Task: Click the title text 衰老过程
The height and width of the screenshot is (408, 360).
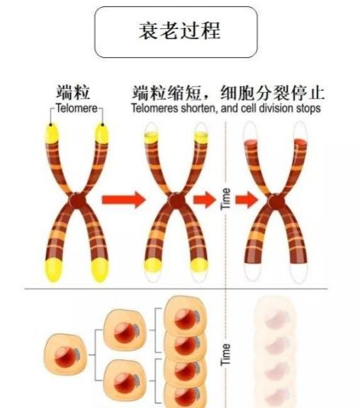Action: pyautogui.click(x=179, y=30)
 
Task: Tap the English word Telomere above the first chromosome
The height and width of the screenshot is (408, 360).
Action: pyautogui.click(x=77, y=108)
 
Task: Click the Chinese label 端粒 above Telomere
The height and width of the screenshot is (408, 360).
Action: pyautogui.click(x=74, y=92)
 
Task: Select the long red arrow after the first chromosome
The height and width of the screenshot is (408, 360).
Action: pyautogui.click(x=123, y=200)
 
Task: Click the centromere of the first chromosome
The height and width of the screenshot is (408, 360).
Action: pyautogui.click(x=77, y=201)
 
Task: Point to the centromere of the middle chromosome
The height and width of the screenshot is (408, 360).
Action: pyautogui.click(x=176, y=201)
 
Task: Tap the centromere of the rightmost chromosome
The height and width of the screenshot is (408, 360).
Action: pyautogui.click(x=276, y=202)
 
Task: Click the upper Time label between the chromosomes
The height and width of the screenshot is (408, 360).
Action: pyautogui.click(x=225, y=199)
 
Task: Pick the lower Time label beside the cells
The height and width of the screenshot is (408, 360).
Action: pyautogui.click(x=225, y=354)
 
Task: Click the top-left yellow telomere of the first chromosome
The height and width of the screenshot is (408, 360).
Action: pyautogui.click(x=52, y=133)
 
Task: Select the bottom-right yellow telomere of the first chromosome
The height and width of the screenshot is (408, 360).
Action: pyautogui.click(x=100, y=270)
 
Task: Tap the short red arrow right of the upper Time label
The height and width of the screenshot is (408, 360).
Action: pyautogui.click(x=247, y=200)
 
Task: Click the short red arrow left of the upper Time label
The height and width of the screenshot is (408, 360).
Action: pyautogui.click(x=205, y=200)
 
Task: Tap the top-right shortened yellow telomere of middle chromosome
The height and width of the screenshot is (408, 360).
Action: pyautogui.click(x=201, y=137)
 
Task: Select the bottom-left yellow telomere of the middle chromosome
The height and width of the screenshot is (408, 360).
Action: pyautogui.click(x=153, y=265)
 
